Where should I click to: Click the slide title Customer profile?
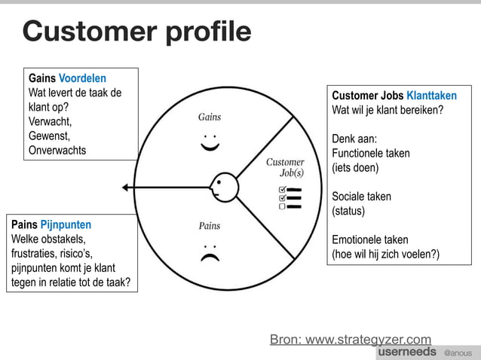[136, 32]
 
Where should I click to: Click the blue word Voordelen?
[82, 78]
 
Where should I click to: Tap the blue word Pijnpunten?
[66, 224]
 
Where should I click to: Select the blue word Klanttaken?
[431, 96]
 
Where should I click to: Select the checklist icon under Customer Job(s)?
[290, 197]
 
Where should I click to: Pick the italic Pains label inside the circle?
[209, 225]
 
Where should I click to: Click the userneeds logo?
[406, 352]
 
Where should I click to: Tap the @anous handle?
[457, 352]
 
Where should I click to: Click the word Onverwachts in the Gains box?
[57, 150]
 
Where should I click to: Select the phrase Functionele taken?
[371, 153]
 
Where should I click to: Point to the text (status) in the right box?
[348, 211]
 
